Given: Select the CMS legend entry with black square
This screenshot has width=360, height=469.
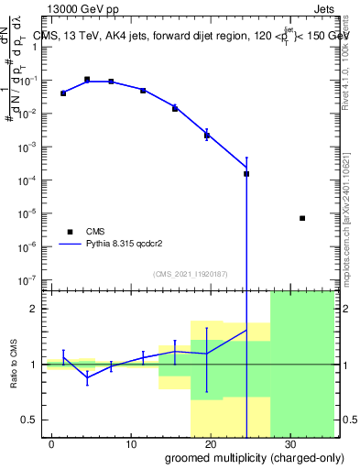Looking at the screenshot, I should click(x=70, y=232).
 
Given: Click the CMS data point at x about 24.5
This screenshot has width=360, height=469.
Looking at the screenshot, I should click(x=246, y=173).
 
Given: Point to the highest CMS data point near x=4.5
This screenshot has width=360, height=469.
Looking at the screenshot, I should click(x=87, y=80).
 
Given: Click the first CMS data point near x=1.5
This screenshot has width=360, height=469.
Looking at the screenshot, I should click(x=63, y=93).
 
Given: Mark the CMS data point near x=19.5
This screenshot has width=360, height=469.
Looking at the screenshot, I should click(x=207, y=136).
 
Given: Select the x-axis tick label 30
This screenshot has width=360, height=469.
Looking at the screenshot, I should click(x=289, y=442).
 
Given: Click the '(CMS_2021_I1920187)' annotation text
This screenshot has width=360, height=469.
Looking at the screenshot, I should click(x=189, y=273).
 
